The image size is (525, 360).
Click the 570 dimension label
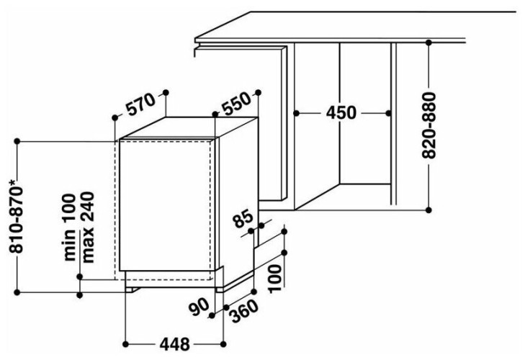(x=140, y=104)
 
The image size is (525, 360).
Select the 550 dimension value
(x=236, y=104)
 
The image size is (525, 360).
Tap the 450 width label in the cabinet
(x=341, y=113)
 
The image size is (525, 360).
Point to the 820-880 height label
(x=428, y=125)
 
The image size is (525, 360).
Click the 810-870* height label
(x=17, y=216)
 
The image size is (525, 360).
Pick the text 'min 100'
(x=70, y=227)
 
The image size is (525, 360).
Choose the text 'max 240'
(x=87, y=227)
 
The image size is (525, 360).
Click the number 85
(x=243, y=218)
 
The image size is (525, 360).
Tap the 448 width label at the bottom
(x=174, y=344)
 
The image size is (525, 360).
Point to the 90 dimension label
(x=199, y=307)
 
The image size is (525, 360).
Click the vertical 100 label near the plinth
(x=275, y=279)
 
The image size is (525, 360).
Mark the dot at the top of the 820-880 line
(x=428, y=42)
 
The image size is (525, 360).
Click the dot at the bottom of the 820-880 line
(x=428, y=210)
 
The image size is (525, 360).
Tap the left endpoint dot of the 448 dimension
(x=125, y=344)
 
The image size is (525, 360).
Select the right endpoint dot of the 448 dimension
(x=223, y=344)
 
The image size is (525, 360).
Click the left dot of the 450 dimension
(x=296, y=113)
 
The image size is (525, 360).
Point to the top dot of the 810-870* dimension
(x=17, y=142)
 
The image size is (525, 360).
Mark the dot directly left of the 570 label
(x=115, y=117)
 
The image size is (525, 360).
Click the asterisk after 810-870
(x=13, y=182)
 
